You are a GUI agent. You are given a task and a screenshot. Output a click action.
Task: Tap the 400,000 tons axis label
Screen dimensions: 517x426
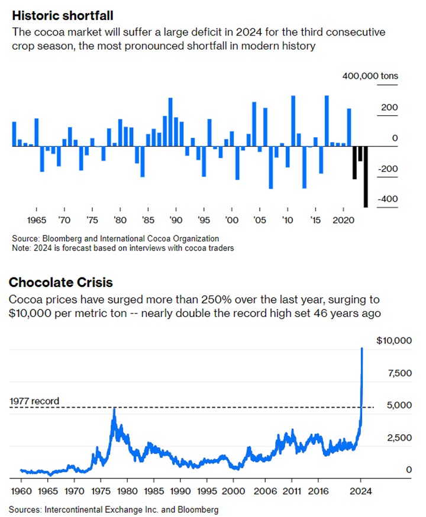click(x=370, y=76)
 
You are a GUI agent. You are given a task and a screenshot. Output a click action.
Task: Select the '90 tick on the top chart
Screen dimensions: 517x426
click(x=176, y=219)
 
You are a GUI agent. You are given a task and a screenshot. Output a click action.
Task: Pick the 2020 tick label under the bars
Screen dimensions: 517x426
click(x=343, y=219)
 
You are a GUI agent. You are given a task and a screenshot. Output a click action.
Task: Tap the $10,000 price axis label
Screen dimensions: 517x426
click(x=393, y=341)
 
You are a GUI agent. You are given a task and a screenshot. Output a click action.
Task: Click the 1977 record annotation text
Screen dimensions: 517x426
click(x=34, y=401)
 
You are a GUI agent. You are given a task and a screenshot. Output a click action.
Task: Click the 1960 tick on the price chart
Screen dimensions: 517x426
click(x=21, y=491)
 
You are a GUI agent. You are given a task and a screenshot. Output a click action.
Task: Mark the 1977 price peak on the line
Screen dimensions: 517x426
click(x=114, y=408)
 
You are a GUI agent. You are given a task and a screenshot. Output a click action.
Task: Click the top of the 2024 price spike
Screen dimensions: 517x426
click(x=362, y=348)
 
